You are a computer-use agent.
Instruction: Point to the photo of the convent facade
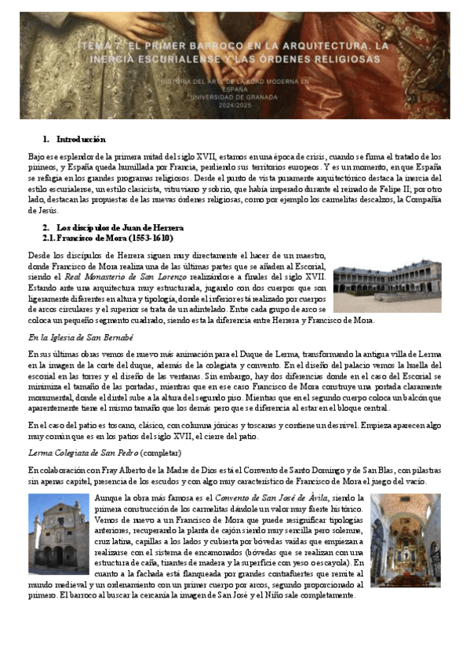pyautogui.click(x=59, y=533)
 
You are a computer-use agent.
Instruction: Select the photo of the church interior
pyautogui.click(x=406, y=540)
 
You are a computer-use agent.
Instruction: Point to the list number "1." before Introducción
pyautogui.click(x=46, y=139)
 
